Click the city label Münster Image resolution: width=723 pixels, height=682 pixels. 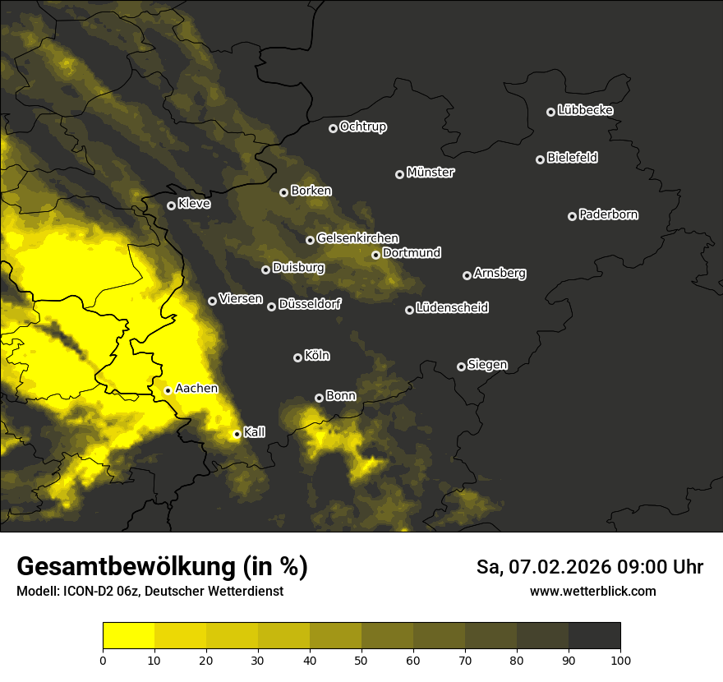coord(431,173)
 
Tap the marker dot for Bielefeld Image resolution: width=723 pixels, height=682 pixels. coord(541,159)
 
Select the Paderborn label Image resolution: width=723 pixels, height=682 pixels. coord(609,214)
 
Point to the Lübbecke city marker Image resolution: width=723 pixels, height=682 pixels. coord(551,112)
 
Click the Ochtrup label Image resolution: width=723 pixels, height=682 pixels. coord(363,127)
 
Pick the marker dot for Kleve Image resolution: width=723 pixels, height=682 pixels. coord(172,205)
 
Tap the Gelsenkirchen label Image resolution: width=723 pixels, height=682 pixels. coord(358,238)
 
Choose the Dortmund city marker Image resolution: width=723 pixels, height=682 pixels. coord(376,255)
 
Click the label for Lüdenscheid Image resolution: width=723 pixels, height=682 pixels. coord(453,308)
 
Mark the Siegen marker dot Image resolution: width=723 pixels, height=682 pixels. coord(462,366)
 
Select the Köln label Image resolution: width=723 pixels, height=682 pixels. coord(317,356)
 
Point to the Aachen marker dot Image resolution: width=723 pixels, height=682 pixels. coord(168,390)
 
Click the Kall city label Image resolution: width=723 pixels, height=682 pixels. coord(255,432)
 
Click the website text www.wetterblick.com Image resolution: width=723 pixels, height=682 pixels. coord(593,591)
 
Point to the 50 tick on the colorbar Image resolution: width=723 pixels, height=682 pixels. coord(362,659)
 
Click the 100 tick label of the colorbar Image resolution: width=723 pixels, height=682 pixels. coord(620,659)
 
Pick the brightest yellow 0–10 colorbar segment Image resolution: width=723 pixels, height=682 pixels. coord(129,635)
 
